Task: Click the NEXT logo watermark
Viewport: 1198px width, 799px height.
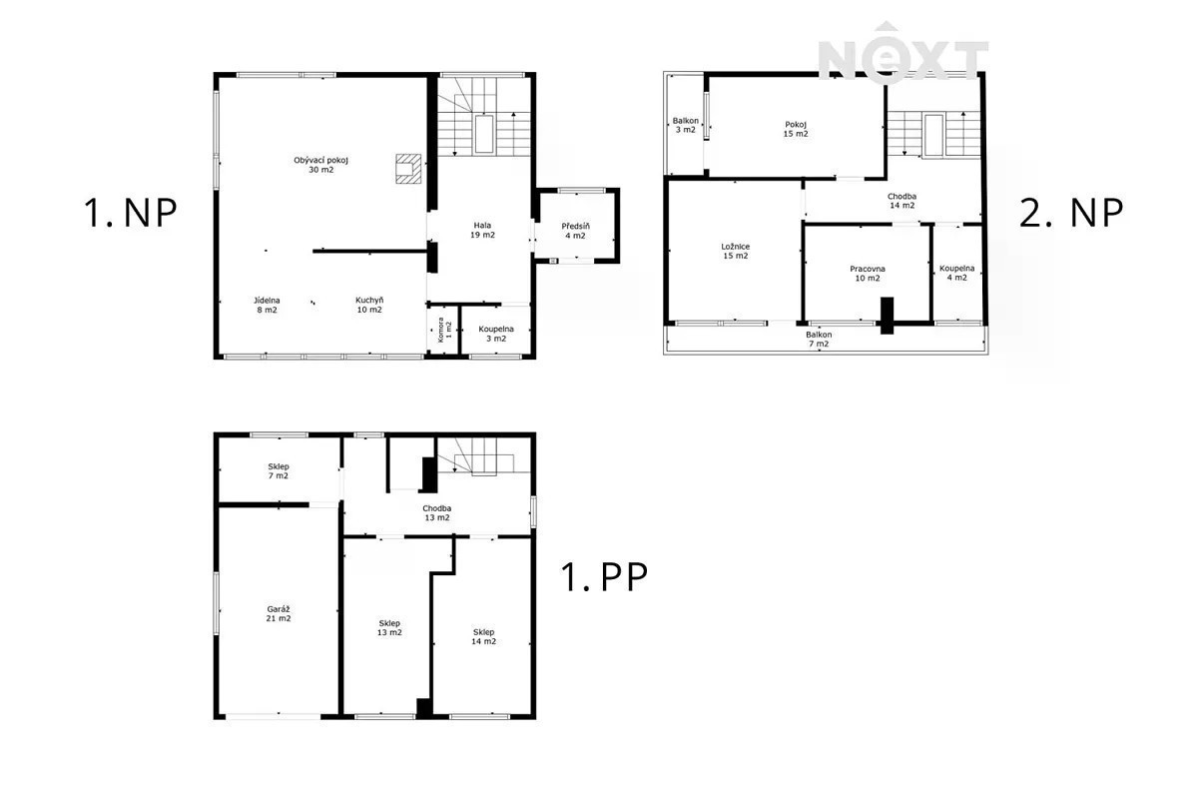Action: point(903,53)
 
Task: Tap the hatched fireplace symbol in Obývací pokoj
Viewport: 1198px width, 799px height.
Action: point(408,169)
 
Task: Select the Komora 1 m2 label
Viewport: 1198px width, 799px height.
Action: point(444,330)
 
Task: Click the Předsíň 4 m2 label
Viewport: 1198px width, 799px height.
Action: point(575,231)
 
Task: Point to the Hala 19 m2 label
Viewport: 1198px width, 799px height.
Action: point(482,230)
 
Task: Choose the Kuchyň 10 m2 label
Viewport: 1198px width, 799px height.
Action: point(369,305)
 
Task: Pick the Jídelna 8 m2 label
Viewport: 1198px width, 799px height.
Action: point(267,305)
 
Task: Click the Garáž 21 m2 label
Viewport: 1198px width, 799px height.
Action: point(279,614)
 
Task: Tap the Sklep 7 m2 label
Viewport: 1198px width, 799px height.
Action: point(279,471)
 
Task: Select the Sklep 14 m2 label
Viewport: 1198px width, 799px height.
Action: point(483,637)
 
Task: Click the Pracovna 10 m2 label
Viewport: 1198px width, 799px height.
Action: point(868,274)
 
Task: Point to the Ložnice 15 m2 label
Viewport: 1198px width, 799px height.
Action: point(736,251)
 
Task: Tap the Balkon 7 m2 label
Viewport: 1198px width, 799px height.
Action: point(819,339)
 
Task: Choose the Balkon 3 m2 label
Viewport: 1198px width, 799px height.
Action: point(686,125)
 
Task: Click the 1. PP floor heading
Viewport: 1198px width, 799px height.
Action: point(604,576)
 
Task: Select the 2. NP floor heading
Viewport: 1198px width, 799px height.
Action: point(1071,213)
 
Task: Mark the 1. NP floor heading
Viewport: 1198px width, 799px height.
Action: point(131,213)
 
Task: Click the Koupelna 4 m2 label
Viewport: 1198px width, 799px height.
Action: point(957,273)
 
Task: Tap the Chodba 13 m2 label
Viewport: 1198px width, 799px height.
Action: point(437,512)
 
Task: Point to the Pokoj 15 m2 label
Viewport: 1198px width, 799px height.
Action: point(796,129)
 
